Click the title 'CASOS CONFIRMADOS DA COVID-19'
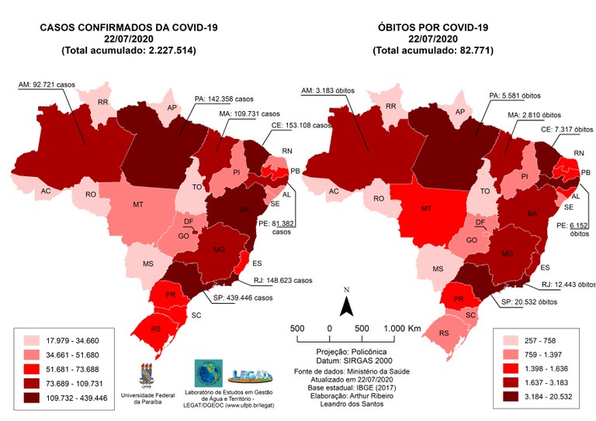(128, 29)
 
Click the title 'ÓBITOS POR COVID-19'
(433, 29)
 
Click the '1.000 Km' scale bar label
(402, 329)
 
